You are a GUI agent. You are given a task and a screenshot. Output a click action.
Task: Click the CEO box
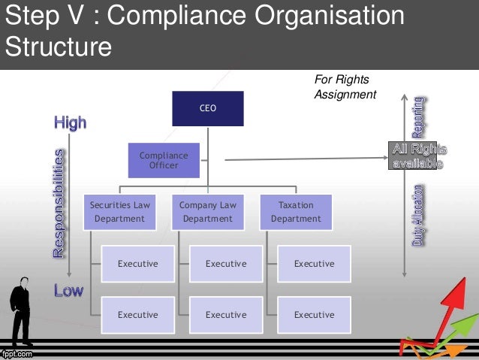pyautogui.click(x=208, y=108)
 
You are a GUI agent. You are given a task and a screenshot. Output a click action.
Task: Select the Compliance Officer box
pyautogui.click(x=164, y=160)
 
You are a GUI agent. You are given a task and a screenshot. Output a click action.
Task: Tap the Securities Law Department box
pyautogui.click(x=119, y=211)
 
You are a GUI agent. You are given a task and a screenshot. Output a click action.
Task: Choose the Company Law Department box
pyautogui.click(x=208, y=211)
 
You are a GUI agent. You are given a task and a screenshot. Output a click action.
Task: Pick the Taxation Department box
pyautogui.click(x=296, y=211)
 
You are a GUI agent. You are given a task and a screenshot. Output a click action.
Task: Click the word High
pyautogui.click(x=70, y=123)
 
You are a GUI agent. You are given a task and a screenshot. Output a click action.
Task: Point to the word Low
pyautogui.click(x=68, y=290)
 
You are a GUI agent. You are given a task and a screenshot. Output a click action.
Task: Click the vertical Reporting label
pyautogui.click(x=418, y=116)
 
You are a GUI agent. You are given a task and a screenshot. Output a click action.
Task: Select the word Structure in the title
pyautogui.click(x=59, y=47)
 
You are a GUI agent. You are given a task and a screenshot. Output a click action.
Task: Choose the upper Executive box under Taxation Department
pyautogui.click(x=314, y=264)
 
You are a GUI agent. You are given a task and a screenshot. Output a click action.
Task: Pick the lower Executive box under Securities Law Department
pyautogui.click(x=137, y=315)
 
